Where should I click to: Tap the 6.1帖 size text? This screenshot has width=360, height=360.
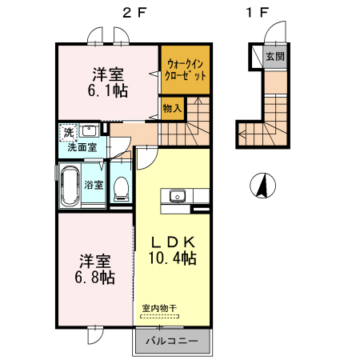pos(107,90)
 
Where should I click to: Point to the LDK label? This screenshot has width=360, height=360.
pos(175,242)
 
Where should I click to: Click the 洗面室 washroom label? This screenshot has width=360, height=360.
pos(81,147)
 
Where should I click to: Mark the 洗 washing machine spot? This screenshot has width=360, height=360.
pos(68,131)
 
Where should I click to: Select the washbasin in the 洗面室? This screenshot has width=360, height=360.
pos(90,130)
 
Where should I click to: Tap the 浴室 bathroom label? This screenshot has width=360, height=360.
pos(94,185)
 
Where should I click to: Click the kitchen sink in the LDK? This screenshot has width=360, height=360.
pos(176,197)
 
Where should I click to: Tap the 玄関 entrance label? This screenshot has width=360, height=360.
pos(275,57)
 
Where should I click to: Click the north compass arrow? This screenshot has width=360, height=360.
pos(261,186)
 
